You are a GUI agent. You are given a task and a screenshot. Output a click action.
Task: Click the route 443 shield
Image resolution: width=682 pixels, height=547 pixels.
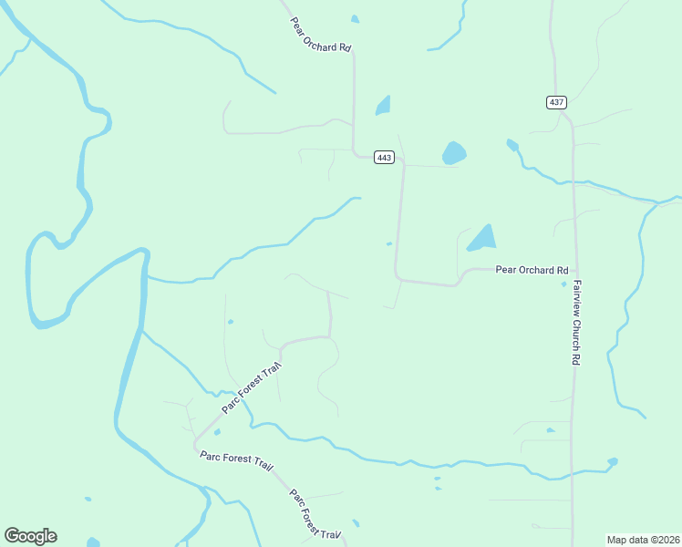(x=384, y=158)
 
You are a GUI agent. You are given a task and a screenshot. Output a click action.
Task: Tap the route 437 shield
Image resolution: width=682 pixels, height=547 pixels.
(x=556, y=102)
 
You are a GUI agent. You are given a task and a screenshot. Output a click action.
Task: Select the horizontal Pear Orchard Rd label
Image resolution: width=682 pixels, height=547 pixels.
(x=532, y=271)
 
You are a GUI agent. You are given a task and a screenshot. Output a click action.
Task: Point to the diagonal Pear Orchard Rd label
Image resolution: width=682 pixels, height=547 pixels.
(x=321, y=34)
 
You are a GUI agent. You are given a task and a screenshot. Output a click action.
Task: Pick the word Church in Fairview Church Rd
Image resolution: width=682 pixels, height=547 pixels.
(x=577, y=329)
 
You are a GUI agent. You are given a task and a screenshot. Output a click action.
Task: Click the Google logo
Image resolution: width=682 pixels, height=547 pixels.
(x=30, y=536)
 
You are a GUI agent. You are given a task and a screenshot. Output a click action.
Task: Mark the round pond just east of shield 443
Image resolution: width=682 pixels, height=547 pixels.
(x=453, y=153)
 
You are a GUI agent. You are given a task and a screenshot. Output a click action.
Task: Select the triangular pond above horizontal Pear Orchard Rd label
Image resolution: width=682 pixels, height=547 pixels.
(x=482, y=239)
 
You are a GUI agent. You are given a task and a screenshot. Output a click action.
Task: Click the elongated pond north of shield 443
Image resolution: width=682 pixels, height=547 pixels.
(x=383, y=106)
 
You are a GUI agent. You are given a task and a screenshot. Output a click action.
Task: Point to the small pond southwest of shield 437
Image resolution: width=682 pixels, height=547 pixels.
(x=512, y=145)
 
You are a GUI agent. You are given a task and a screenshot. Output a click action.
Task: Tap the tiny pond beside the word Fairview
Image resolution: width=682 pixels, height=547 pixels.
(x=563, y=284)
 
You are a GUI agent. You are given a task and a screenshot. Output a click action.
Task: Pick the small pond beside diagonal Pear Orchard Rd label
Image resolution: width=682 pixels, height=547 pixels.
(x=355, y=19)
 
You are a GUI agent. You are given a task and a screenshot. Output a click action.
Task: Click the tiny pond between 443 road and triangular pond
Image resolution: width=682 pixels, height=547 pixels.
(x=389, y=243)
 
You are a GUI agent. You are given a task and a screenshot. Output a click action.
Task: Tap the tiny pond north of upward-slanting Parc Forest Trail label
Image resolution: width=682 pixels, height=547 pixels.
(x=231, y=321)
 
